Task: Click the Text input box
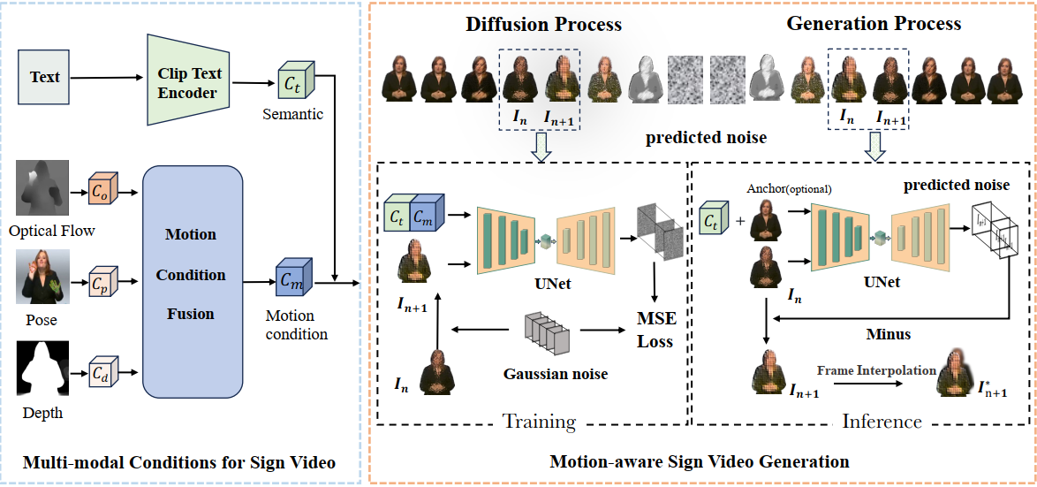click(x=44, y=78)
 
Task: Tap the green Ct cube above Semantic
click(x=291, y=83)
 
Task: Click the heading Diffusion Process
click(x=544, y=24)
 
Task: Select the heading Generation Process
click(x=874, y=24)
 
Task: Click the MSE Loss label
click(x=655, y=330)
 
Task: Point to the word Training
click(x=539, y=421)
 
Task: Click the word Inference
click(x=882, y=422)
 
